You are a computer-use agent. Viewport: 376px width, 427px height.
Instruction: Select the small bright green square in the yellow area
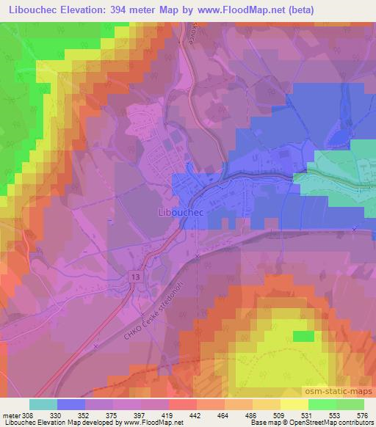pyautogui.click(x=302, y=335)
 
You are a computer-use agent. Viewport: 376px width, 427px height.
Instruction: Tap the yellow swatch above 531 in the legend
pyautogui.click(x=294, y=404)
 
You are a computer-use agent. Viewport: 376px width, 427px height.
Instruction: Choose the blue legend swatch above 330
pyautogui.click(x=71, y=404)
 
